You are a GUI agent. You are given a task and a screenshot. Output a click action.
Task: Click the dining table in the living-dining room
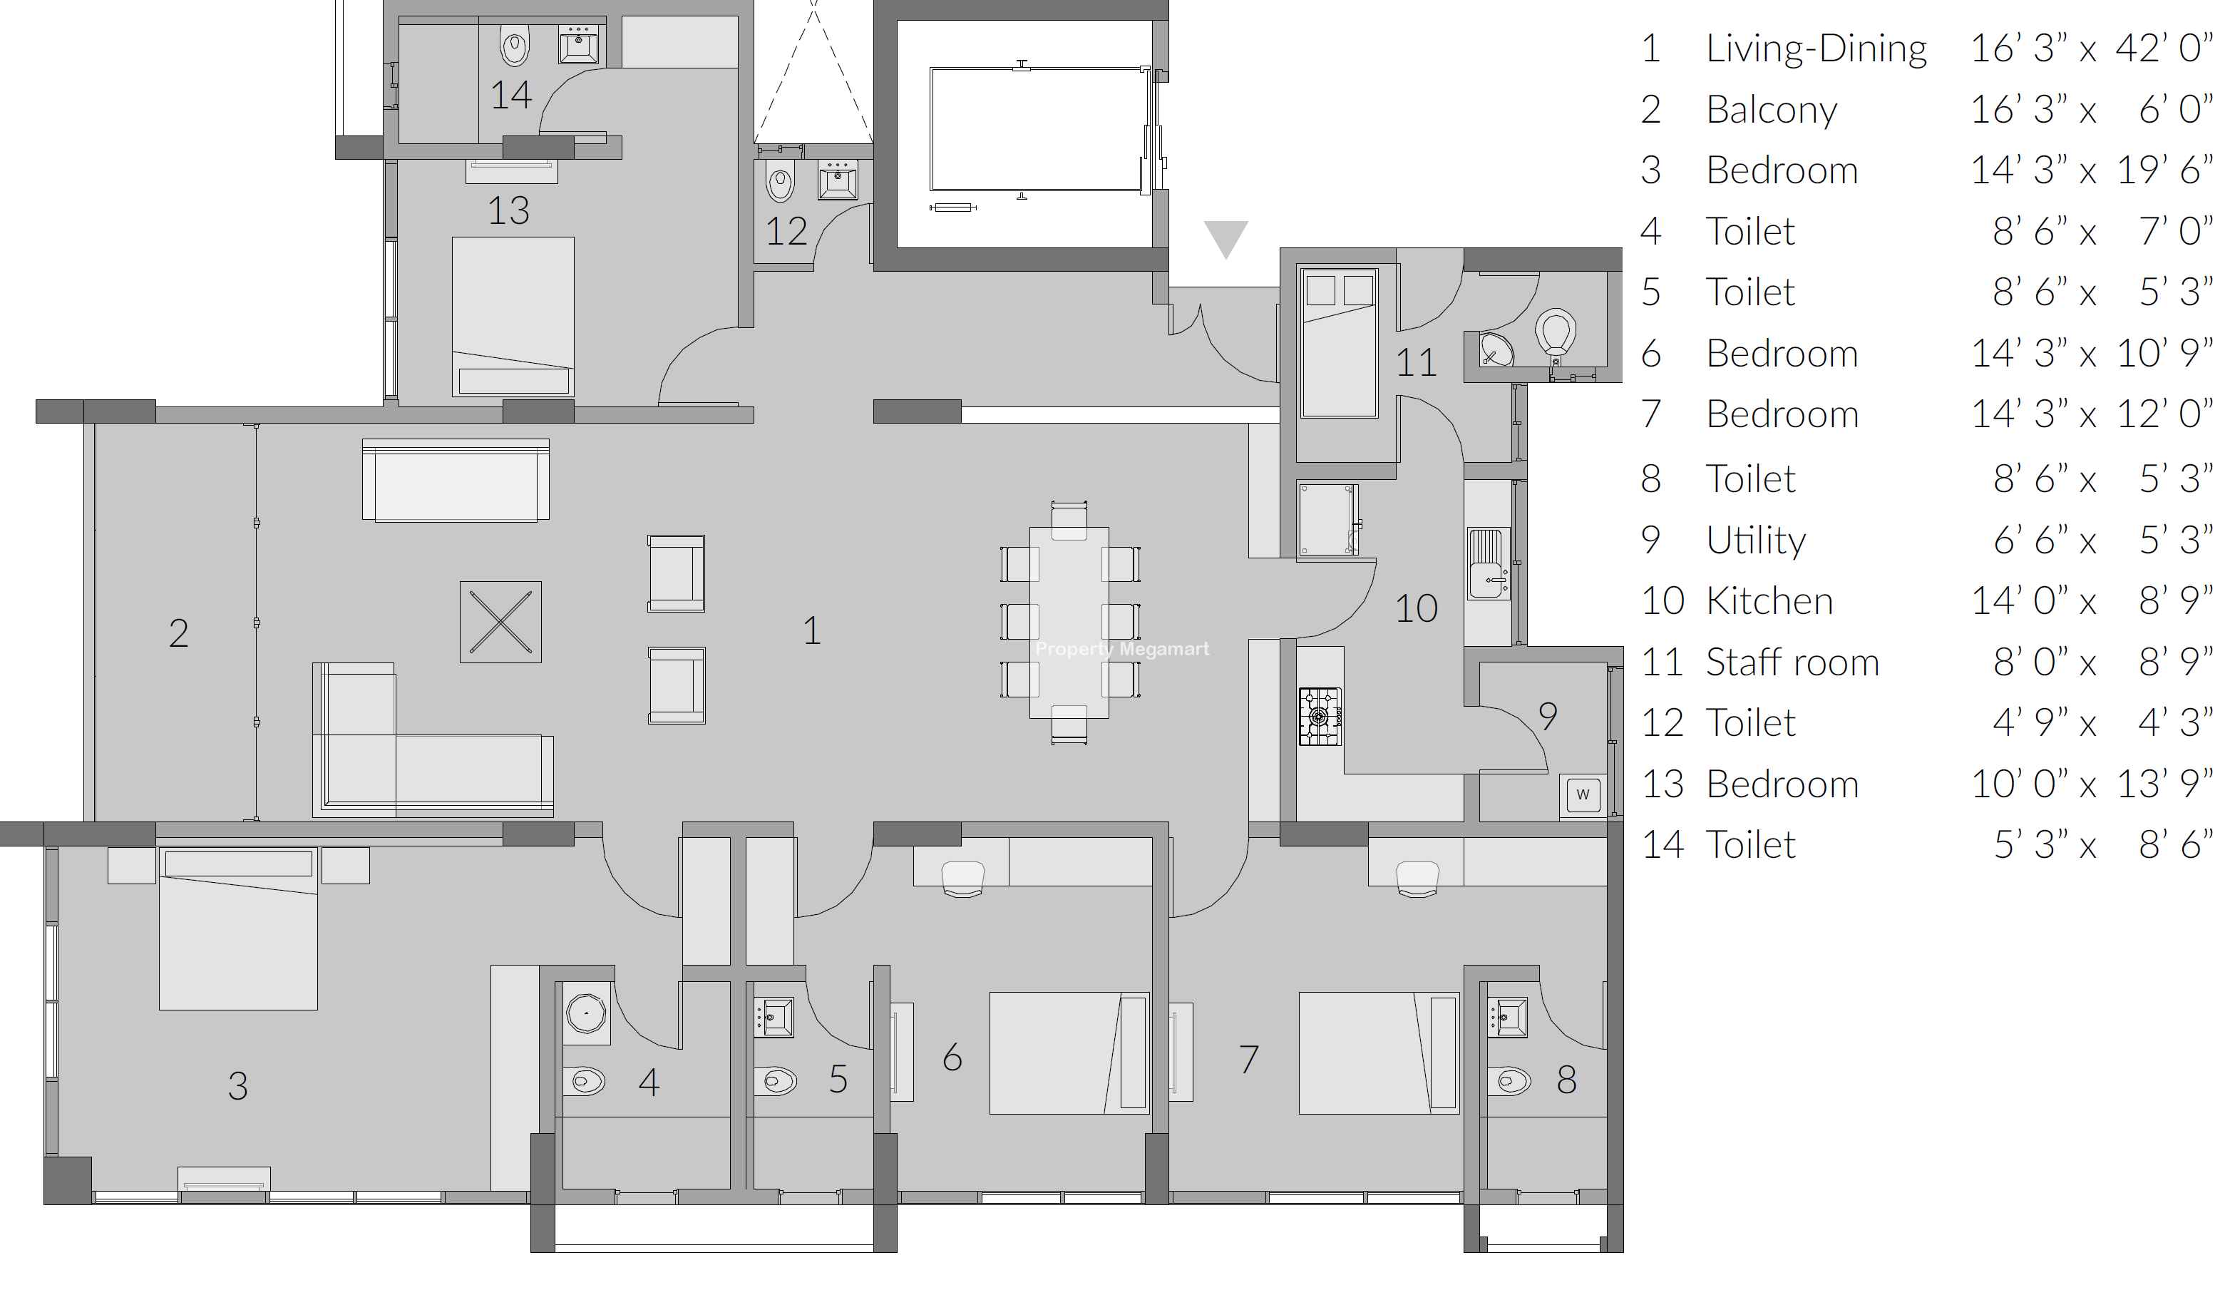pyautogui.click(x=1069, y=623)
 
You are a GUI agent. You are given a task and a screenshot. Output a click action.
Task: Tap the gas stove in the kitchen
pyautogui.click(x=1320, y=716)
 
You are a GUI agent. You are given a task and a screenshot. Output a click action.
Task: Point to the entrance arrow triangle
pyautogui.click(x=1226, y=237)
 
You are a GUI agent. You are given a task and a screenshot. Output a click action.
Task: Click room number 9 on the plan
pyautogui.click(x=1548, y=715)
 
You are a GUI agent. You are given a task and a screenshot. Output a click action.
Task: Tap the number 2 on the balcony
pyautogui.click(x=179, y=633)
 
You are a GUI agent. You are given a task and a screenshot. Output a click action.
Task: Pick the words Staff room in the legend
pyautogui.click(x=1792, y=662)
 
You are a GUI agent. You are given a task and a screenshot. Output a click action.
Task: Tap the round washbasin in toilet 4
pyautogui.click(x=586, y=1012)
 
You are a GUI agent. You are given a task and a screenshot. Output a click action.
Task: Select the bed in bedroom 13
pyautogui.click(x=513, y=316)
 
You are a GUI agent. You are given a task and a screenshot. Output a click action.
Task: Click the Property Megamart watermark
pyautogui.click(x=1122, y=649)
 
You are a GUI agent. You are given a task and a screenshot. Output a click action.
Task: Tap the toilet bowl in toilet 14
pyautogui.click(x=514, y=44)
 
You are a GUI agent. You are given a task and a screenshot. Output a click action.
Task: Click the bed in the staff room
pyautogui.click(x=1339, y=342)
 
